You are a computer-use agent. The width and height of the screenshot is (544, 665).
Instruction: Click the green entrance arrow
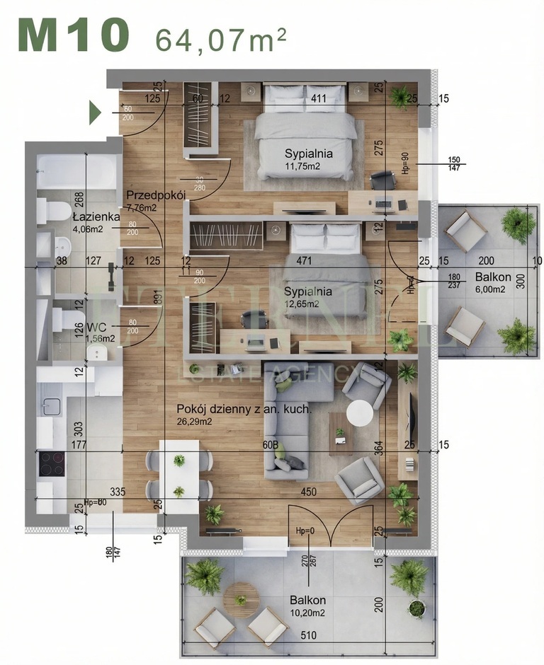tap(95, 112)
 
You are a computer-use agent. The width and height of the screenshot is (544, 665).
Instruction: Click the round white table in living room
tap(363, 413)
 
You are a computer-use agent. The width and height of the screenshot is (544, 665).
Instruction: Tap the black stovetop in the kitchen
tap(52, 464)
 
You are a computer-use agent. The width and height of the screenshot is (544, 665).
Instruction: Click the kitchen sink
tap(52, 407)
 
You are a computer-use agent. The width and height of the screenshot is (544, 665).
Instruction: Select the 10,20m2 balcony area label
tap(307, 613)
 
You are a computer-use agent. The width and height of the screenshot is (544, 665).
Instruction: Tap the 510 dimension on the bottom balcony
tap(307, 635)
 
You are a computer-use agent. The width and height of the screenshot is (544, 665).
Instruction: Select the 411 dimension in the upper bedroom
tap(318, 98)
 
